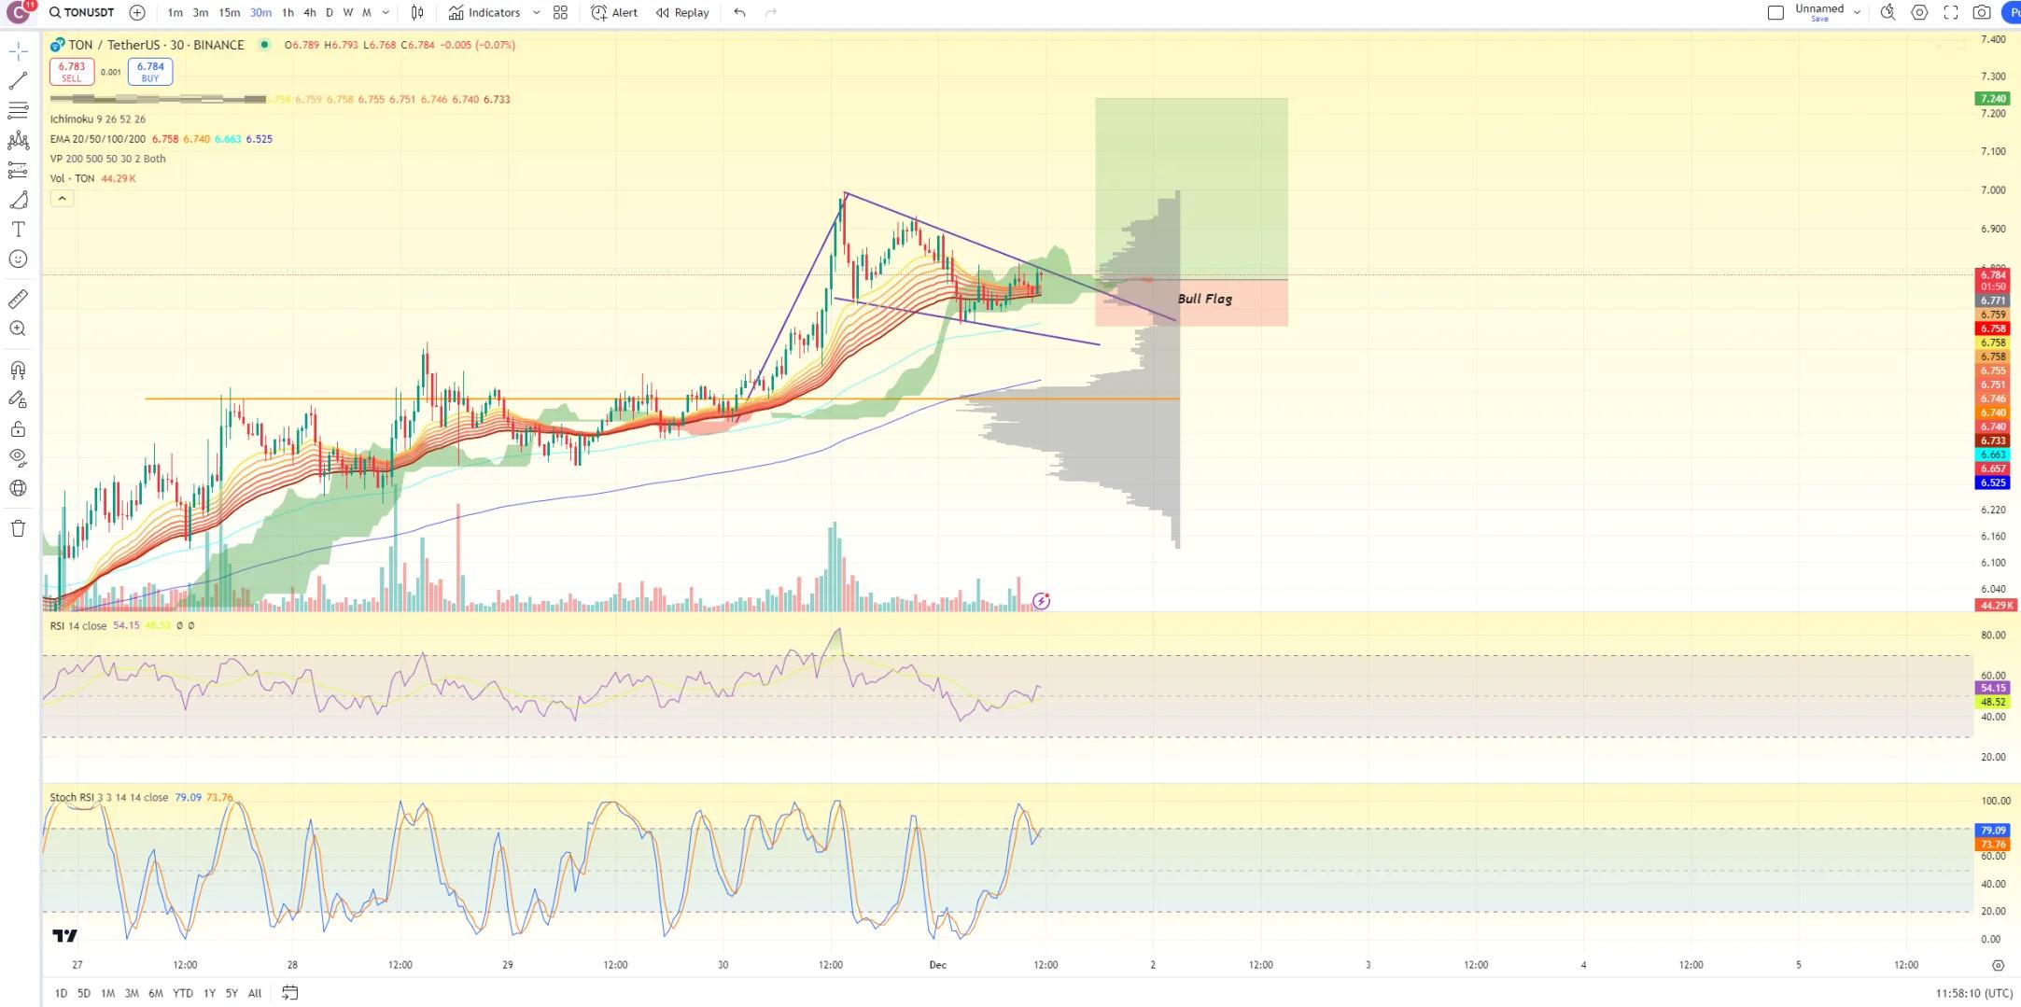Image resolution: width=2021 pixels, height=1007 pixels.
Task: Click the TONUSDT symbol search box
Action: coord(82,12)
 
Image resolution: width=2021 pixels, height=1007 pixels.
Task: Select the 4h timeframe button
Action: coord(310,12)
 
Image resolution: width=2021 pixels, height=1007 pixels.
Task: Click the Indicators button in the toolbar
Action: coord(484,12)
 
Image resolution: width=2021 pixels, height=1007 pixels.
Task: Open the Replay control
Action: coord(682,12)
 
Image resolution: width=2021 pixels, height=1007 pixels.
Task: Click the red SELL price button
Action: coord(72,71)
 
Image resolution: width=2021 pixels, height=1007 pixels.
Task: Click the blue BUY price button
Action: coord(150,71)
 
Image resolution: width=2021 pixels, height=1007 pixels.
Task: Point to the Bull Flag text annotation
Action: coord(1204,299)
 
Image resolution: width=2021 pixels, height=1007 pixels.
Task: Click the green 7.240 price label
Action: coord(1993,98)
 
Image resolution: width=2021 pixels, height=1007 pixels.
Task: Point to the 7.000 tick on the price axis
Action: coord(1993,189)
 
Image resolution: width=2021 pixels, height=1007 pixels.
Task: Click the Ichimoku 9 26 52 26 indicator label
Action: coord(98,119)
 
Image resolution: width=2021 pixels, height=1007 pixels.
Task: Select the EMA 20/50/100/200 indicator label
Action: coord(98,138)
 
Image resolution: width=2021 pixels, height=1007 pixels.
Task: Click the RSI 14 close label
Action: coord(78,625)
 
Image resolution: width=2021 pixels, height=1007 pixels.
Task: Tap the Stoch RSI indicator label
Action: coord(108,797)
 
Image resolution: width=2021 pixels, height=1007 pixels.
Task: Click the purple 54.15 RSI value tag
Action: coord(1993,688)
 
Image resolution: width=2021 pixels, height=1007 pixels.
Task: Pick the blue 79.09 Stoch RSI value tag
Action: coord(1993,830)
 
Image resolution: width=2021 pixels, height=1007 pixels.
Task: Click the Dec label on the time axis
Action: coord(937,964)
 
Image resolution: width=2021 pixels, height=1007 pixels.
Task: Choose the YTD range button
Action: coord(183,993)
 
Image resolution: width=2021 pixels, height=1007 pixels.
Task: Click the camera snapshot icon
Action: coord(1981,12)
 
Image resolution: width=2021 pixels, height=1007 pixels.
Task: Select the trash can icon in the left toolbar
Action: coord(18,528)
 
